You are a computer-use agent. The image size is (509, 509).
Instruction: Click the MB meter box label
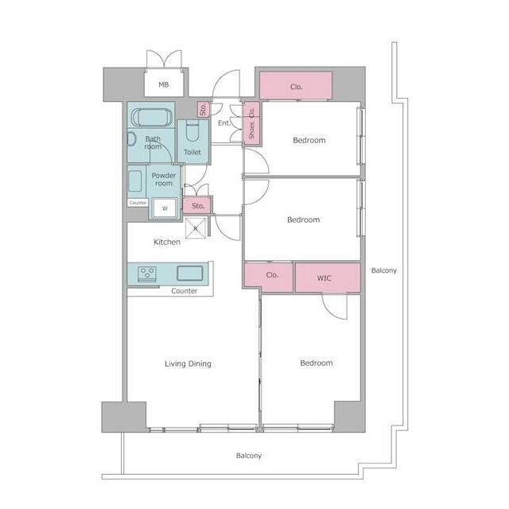point(164,85)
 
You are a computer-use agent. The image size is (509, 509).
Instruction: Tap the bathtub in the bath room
point(152,117)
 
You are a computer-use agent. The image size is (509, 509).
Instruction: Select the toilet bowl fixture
point(192,131)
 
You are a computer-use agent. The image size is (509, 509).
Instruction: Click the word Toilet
point(192,152)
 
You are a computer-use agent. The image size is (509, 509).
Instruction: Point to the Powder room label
point(164,179)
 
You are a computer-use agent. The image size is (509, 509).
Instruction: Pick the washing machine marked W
point(165,208)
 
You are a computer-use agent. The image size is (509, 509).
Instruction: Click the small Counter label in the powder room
point(138,203)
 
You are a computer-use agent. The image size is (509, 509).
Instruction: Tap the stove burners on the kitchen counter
point(147,274)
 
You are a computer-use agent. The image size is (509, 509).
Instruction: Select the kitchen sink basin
point(190,273)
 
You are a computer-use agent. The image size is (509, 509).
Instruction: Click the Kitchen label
point(167,242)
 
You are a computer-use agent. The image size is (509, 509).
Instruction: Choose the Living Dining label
point(188,363)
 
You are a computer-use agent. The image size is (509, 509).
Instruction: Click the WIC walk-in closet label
point(324,278)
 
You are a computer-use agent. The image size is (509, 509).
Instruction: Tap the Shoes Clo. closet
point(251,123)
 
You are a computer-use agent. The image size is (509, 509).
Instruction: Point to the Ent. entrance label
point(224,123)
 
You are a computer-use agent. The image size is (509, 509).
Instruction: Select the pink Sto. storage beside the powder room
point(197,205)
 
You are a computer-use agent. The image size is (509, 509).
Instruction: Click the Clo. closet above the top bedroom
point(296,85)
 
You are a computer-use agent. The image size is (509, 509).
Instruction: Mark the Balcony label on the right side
point(384,270)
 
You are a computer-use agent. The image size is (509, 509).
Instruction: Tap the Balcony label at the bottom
point(249,456)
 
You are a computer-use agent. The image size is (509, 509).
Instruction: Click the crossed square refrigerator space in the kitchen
point(196,228)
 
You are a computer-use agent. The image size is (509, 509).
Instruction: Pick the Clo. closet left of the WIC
point(269,277)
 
